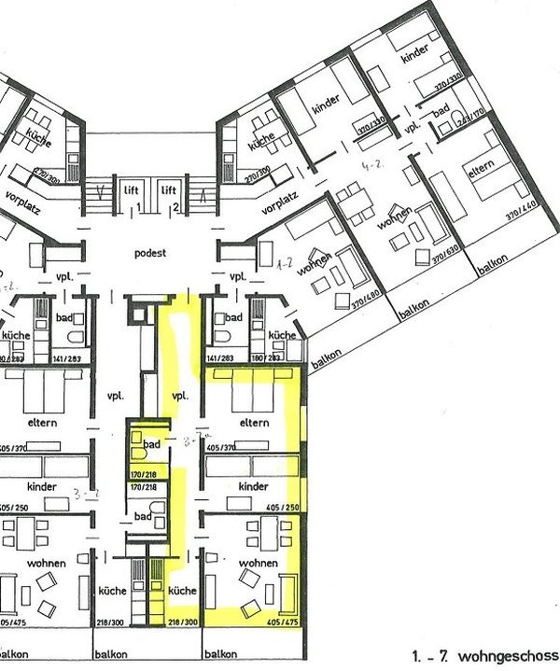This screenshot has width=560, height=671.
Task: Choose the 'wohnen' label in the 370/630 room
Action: (x=395, y=227)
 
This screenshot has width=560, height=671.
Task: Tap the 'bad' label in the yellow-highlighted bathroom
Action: (x=152, y=444)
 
